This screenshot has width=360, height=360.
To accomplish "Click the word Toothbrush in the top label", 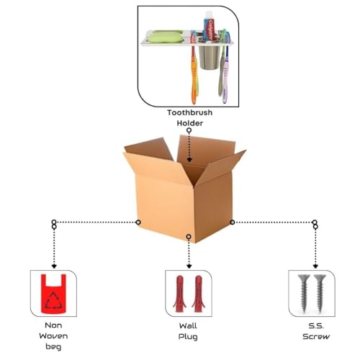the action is [x=189, y=112].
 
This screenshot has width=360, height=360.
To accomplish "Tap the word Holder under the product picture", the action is [x=190, y=123].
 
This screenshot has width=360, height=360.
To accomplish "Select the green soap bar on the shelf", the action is [x=164, y=37].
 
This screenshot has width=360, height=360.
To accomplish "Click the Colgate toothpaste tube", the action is [x=210, y=26].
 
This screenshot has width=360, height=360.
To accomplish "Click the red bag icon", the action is [x=54, y=294].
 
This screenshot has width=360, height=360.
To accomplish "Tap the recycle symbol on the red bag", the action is [x=54, y=300].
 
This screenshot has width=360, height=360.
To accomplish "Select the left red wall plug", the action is [x=180, y=294].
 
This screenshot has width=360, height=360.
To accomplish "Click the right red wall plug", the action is [x=199, y=294].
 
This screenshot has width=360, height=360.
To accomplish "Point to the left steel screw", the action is [x=304, y=294].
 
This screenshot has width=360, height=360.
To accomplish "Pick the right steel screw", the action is [x=320, y=294].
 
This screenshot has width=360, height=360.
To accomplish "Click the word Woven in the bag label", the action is [x=53, y=336].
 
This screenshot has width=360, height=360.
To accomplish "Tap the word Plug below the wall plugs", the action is [x=188, y=337].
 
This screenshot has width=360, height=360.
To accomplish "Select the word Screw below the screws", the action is [x=316, y=336].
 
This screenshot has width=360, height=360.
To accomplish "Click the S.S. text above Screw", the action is [x=316, y=326].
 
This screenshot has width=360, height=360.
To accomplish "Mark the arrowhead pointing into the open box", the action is [x=189, y=160].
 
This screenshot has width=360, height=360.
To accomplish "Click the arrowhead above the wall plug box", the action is [x=189, y=266].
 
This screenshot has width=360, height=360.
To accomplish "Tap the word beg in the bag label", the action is [x=53, y=347].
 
